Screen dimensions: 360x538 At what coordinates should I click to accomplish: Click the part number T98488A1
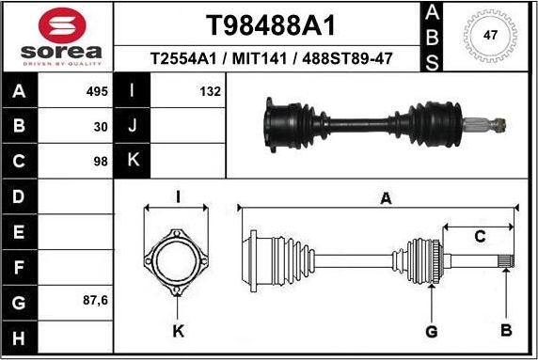[x=271, y=23]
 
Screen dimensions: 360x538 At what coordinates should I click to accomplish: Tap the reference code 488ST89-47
[x=345, y=59]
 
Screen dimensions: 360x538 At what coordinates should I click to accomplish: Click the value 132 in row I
[x=210, y=92]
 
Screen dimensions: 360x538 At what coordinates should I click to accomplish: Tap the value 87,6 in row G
[x=96, y=302]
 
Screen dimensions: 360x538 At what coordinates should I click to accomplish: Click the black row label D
[x=20, y=196]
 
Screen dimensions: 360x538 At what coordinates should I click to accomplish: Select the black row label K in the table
[x=132, y=161]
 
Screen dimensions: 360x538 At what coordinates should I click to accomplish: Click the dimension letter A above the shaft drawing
[x=385, y=197]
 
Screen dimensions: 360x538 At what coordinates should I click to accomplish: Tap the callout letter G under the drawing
[x=432, y=330]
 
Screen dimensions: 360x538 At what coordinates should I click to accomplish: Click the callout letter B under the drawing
[x=505, y=329]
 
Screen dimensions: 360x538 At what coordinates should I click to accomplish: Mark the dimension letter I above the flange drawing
[x=178, y=196]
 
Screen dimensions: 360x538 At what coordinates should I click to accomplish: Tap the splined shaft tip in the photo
[x=495, y=122]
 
